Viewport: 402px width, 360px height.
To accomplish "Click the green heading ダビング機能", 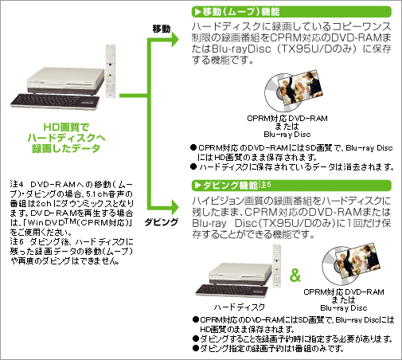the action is pyautogui.click(x=230, y=186).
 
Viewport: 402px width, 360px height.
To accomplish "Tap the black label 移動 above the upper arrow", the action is pyautogui.click(x=162, y=29).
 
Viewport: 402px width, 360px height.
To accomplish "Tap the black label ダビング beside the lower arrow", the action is pyautogui.click(x=162, y=222).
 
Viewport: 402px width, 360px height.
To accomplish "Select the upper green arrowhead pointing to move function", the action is pyautogui.click(x=175, y=40).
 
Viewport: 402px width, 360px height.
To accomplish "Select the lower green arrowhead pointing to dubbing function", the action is pyautogui.click(x=175, y=207).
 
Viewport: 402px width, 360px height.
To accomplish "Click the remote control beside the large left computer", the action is pyautogui.click(x=111, y=71).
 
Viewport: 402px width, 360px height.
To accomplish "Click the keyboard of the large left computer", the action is pyautogui.click(x=55, y=101).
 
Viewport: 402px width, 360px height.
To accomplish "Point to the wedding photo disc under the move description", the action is pyautogui.click(x=294, y=92).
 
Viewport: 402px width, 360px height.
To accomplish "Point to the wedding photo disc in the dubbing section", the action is pyautogui.click(x=351, y=265).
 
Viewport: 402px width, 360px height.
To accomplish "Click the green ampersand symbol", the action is pyautogui.click(x=295, y=275).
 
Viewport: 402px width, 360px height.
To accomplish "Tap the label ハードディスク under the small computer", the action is pyautogui.click(x=239, y=307).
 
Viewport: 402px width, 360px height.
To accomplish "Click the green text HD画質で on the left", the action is pyautogui.click(x=66, y=127).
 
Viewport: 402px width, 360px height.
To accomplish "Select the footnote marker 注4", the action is pyautogui.click(x=17, y=184).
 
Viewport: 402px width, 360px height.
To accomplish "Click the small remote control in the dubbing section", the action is pyautogui.click(x=277, y=266).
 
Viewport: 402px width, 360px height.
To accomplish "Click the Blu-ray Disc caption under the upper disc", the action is pyautogui.click(x=287, y=135).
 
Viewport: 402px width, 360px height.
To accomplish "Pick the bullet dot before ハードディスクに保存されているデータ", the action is pyautogui.click(x=193, y=166).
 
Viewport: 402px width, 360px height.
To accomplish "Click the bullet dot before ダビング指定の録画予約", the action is pyautogui.click(x=196, y=348).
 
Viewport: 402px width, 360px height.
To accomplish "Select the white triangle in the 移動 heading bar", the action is pyautogui.click(x=198, y=12).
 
